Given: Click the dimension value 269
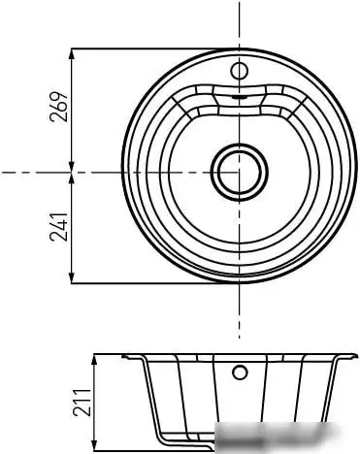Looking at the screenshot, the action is [x=58, y=107].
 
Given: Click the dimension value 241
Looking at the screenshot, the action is [x=58, y=227].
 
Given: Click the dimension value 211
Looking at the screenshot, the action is [x=82, y=402].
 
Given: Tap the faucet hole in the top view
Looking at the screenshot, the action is [x=239, y=71].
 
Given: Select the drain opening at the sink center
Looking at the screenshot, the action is [x=239, y=172].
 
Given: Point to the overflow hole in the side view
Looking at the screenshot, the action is [x=240, y=373].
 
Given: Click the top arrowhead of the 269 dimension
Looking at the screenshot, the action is [x=72, y=55].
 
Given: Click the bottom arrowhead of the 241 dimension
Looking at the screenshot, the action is [x=72, y=276].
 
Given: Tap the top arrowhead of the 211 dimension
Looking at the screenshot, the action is [x=94, y=361].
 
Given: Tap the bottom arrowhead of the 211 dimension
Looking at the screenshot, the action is [x=94, y=445].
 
